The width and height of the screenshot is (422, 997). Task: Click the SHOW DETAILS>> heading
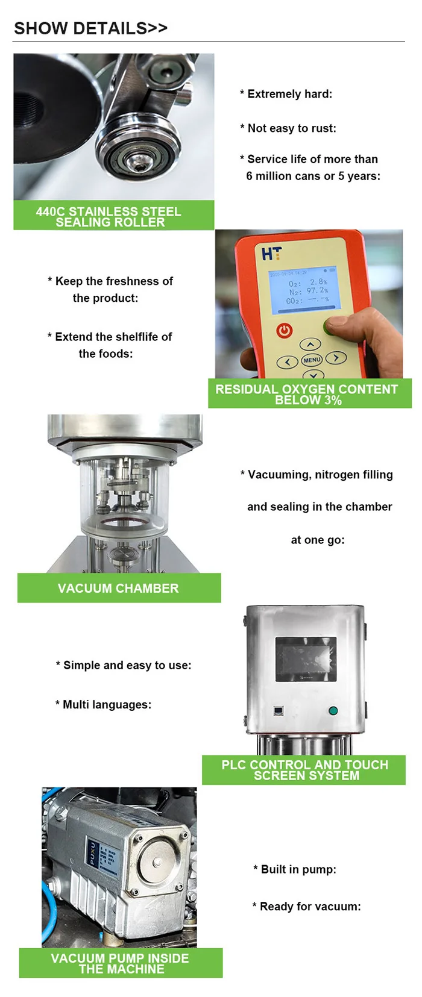pos(90,28)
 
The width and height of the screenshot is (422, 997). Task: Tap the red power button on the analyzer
pos(285,330)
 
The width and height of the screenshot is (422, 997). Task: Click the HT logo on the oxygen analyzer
pos(271,254)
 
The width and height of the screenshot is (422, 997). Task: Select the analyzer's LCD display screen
pos(302,290)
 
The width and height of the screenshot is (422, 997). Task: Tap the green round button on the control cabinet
pos(333,711)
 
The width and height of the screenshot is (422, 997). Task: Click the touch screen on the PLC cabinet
pos(306,659)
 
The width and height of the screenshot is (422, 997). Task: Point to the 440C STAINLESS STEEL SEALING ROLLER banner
pos(114,216)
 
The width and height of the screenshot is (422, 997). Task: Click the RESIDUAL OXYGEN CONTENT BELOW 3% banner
pos(309,394)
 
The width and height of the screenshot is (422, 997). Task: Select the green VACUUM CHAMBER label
pos(119,588)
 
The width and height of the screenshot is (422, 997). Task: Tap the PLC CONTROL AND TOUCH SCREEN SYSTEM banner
pos(304,770)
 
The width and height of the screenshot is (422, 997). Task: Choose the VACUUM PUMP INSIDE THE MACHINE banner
pos(121,963)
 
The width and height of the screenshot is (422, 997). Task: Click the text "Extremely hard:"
pos(289,94)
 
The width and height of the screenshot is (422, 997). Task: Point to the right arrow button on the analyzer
pos(336,358)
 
